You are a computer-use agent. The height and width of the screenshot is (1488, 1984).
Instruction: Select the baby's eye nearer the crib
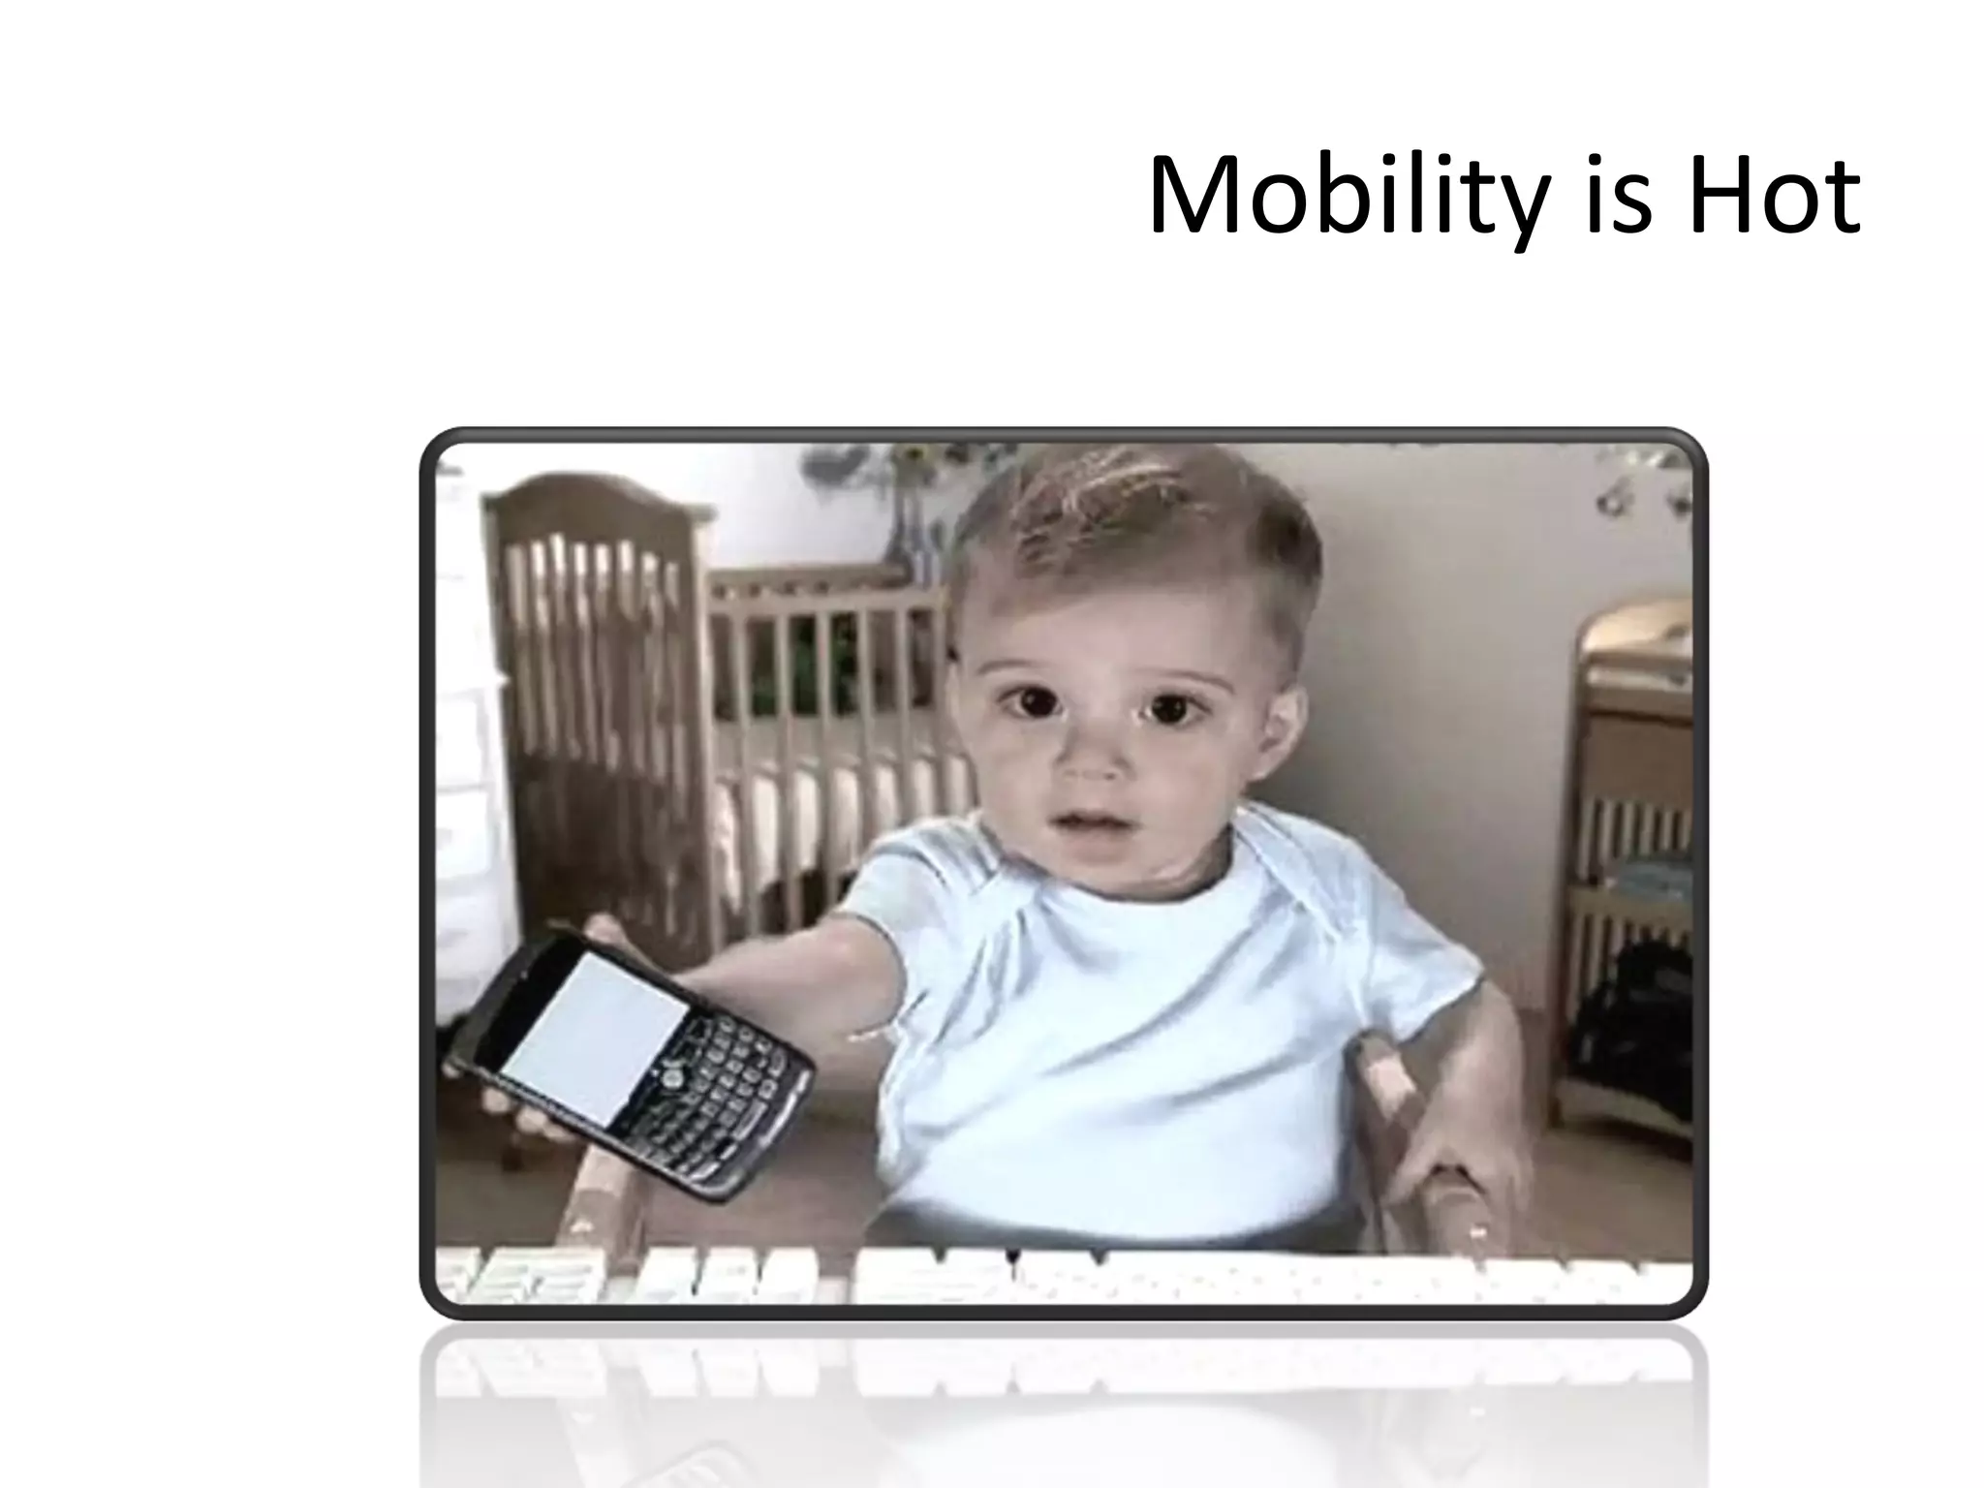pos(1029,700)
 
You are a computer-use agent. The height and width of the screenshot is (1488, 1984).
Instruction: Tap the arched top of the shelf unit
pos(1637,620)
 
